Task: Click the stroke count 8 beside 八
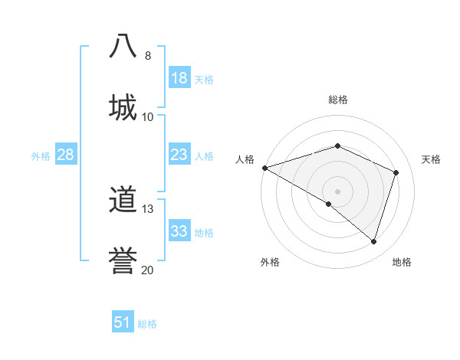[147, 56]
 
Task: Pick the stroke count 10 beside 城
[147, 117]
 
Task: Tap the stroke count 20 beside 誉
[147, 270]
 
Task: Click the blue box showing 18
[179, 78]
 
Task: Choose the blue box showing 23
[179, 155]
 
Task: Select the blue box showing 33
[179, 231]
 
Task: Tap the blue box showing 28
[66, 155]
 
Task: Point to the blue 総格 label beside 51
[147, 324]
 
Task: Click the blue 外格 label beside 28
[41, 156]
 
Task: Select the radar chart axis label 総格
[337, 100]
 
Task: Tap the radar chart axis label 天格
[431, 159]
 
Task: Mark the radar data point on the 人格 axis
[264, 168]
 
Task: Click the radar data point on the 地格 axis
[374, 242]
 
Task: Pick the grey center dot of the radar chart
[337, 191]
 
